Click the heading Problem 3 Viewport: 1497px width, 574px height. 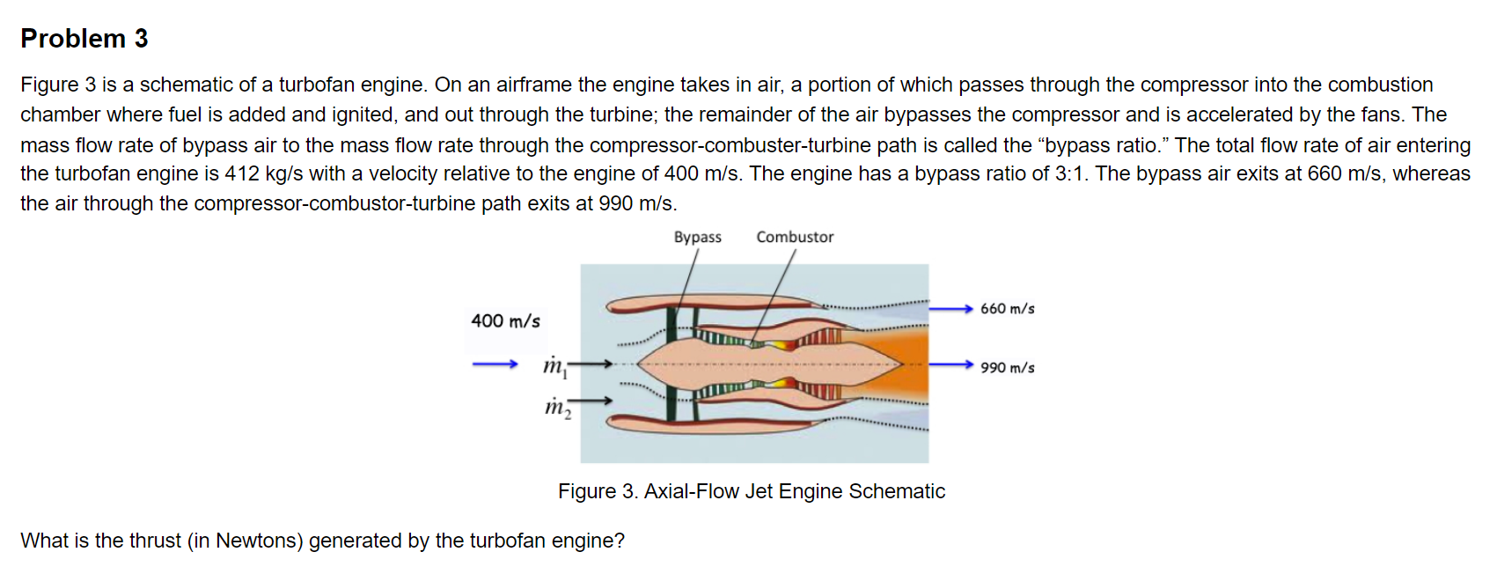[84, 39]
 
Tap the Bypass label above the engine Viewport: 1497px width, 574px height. [697, 237]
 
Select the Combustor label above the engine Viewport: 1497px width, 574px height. [795, 237]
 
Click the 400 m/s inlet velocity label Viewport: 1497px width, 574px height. [505, 320]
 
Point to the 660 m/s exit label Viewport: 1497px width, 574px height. [1007, 309]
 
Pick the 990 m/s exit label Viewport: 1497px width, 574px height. [1007, 367]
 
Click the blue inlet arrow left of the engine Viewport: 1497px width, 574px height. [495, 364]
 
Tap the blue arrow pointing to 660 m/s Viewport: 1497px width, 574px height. [950, 308]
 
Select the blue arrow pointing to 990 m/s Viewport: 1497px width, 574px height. [950, 364]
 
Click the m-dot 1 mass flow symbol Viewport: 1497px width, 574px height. [555, 365]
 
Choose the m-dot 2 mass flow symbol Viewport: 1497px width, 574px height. [557, 407]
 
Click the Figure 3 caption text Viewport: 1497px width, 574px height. [751, 491]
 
